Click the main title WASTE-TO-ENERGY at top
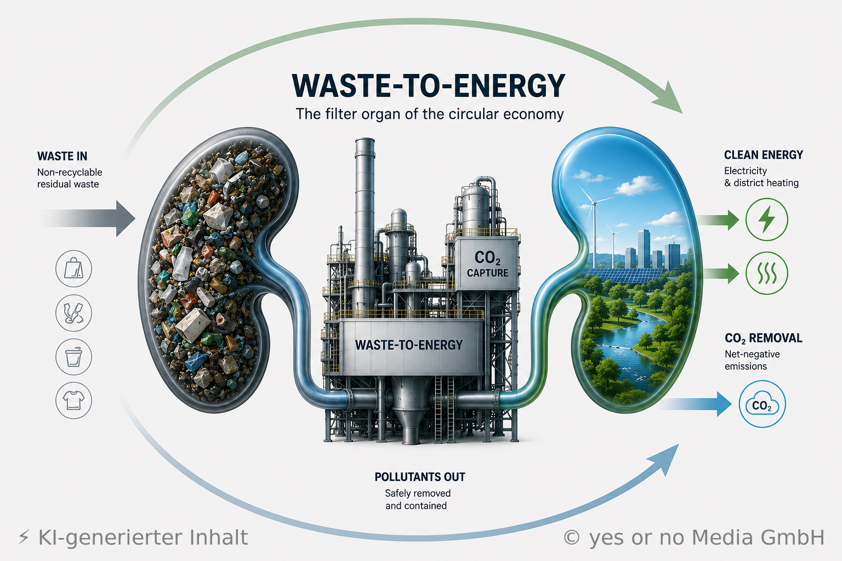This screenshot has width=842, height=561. [x=429, y=85]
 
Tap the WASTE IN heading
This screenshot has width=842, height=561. [x=62, y=156]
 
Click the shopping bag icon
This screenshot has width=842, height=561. [x=73, y=268]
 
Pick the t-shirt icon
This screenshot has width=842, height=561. [x=73, y=400]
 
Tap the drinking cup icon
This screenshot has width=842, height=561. [x=73, y=357]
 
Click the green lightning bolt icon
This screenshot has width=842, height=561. [x=766, y=219]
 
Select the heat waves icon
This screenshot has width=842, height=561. [x=766, y=273]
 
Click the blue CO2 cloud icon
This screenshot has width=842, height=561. [x=762, y=404]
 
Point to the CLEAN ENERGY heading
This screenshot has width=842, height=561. [x=764, y=155]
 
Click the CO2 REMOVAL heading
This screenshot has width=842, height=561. [x=764, y=338]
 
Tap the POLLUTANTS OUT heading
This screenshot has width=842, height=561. [x=420, y=477]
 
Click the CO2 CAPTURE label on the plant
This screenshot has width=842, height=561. [x=487, y=264]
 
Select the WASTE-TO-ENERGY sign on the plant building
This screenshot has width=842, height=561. [x=409, y=345]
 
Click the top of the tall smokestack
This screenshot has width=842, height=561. [x=365, y=140]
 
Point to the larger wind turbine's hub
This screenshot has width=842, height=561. [x=594, y=203]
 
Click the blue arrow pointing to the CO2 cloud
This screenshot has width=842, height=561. [x=696, y=404]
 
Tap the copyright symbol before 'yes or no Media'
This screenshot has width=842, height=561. [x=571, y=537]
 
